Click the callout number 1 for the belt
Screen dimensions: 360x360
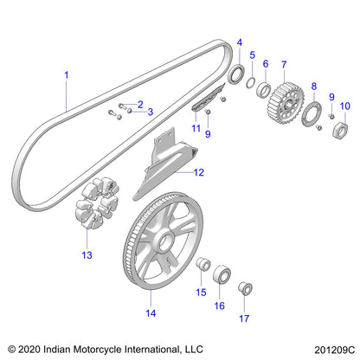(66, 75)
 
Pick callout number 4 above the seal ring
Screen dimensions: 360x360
(240, 42)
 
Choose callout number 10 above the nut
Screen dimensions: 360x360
(345, 106)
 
